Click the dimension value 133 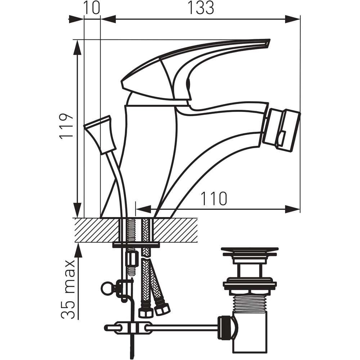(x=201, y=8)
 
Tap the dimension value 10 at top (x=91, y=8)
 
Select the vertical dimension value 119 (x=66, y=126)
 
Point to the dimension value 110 (x=213, y=198)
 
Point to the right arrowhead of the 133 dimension (x=293, y=19)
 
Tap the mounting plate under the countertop (x=136, y=245)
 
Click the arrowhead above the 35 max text (x=77, y=249)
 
